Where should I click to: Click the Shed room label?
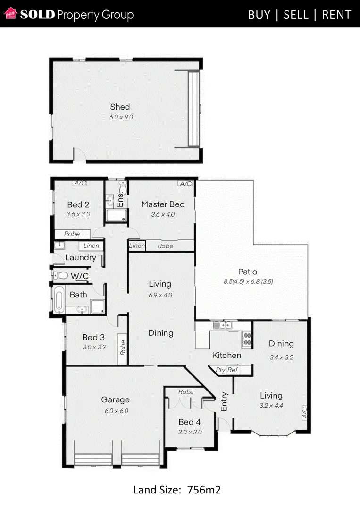(120, 107)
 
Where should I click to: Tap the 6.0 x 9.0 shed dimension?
(121, 117)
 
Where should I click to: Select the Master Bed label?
(163, 204)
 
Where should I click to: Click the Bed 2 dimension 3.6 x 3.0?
(78, 214)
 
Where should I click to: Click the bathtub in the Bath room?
(58, 300)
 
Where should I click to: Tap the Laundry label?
(81, 258)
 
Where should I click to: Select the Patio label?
(247, 272)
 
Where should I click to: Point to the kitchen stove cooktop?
(246, 338)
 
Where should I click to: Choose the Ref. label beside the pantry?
(233, 370)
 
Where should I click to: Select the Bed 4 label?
(189, 422)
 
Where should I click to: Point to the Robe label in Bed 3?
(123, 348)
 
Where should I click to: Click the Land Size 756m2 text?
(177, 490)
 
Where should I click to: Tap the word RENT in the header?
(336, 15)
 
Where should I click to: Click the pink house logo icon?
(10, 14)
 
